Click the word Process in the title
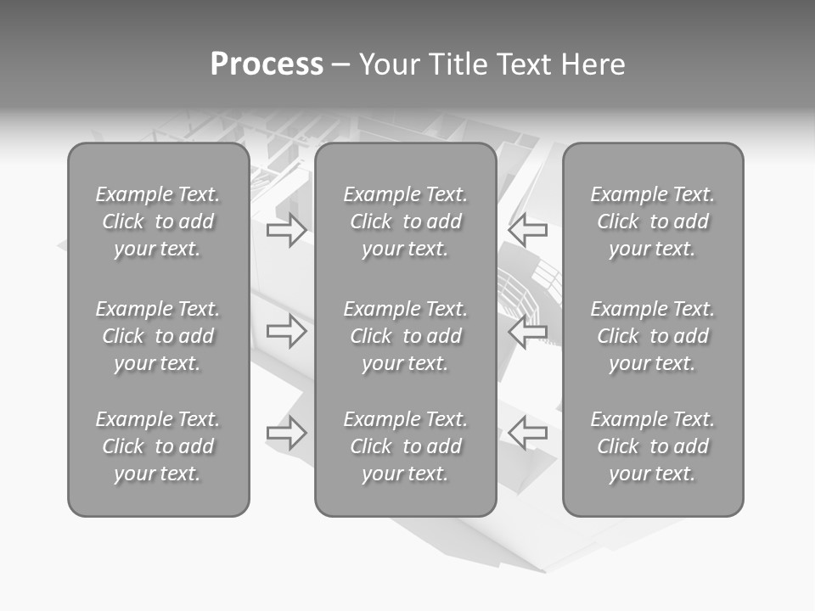coord(267,64)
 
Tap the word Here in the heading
coord(593,64)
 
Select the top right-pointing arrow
coord(286,230)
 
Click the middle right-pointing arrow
coord(286,331)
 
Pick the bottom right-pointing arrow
coord(286,432)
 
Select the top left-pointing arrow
coord(528,230)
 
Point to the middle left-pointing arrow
coord(528,331)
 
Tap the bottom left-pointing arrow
coord(528,432)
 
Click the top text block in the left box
coord(158,221)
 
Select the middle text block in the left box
coord(158,336)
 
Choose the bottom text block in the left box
coord(158,446)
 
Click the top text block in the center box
coord(405,221)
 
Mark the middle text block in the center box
coord(405,336)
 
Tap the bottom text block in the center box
coord(405,446)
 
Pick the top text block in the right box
coord(652,221)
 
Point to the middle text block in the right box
coord(652,336)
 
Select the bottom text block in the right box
coord(652,446)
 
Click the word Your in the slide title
coord(388,64)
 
